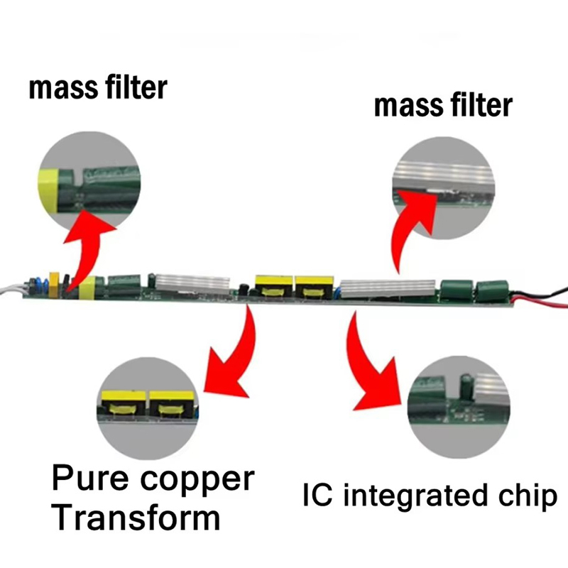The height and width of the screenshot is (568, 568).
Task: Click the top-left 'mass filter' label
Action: coord(98,89)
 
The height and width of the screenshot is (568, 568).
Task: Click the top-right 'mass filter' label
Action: coord(442,106)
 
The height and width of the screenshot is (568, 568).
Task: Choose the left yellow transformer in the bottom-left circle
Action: coord(123,404)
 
